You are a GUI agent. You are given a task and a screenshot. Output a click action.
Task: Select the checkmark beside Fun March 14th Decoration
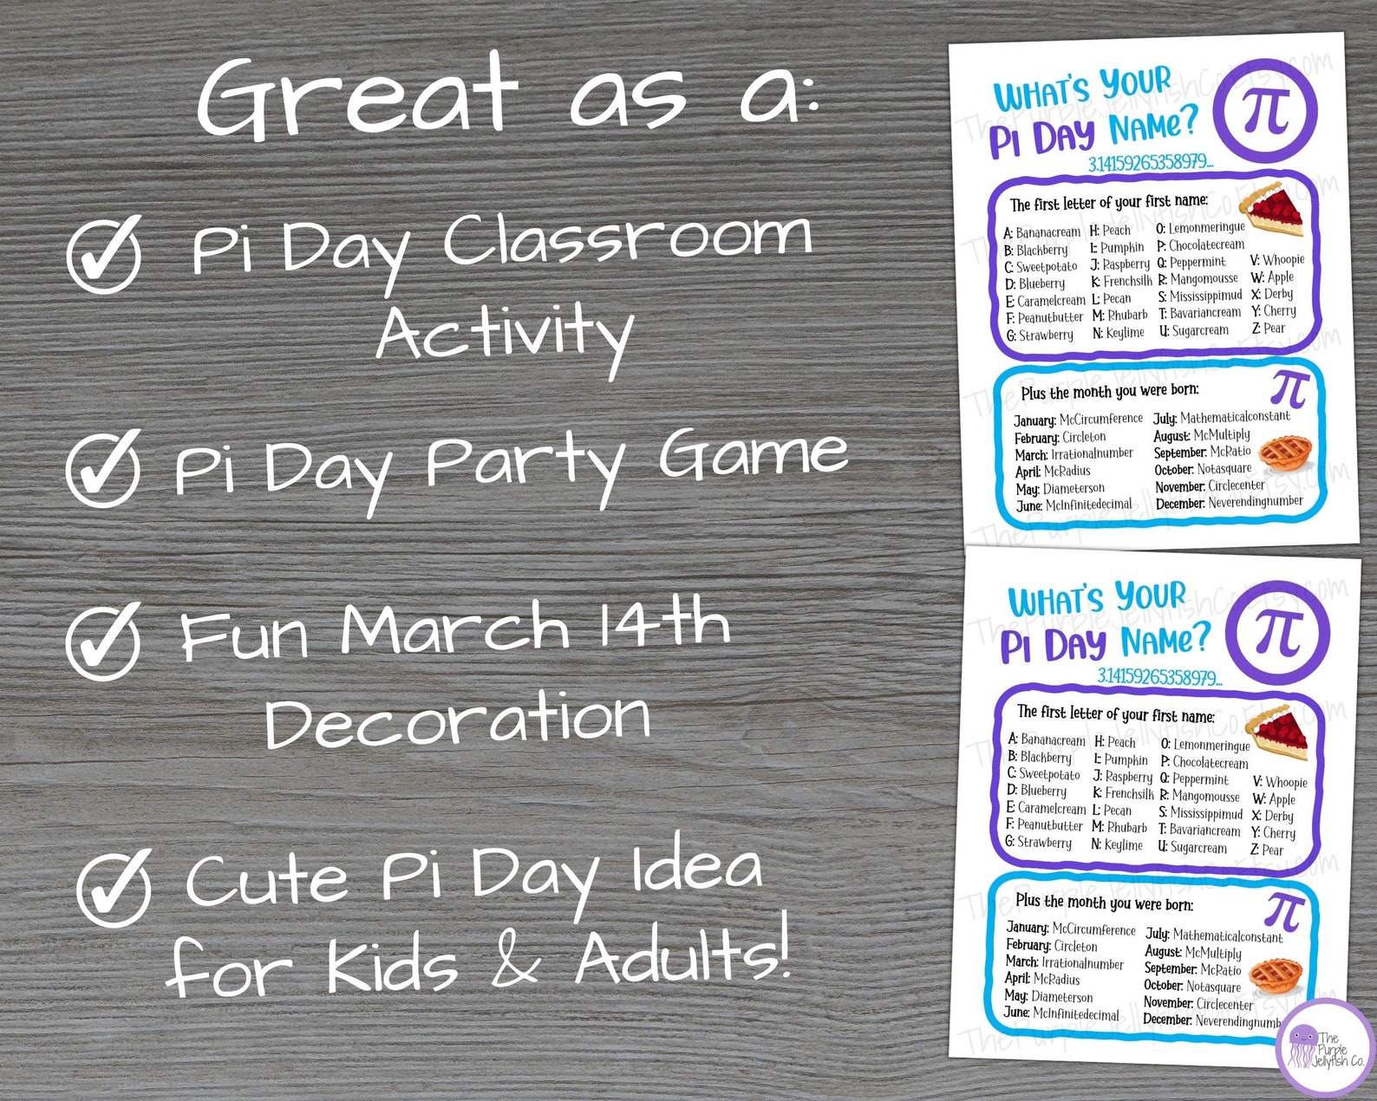pyautogui.click(x=103, y=642)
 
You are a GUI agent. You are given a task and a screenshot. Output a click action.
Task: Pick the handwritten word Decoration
pyautogui.click(x=457, y=719)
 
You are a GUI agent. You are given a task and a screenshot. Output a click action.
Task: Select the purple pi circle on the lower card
pyautogui.click(x=1280, y=632)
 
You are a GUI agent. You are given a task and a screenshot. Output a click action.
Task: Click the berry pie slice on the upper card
pyautogui.click(x=1273, y=210)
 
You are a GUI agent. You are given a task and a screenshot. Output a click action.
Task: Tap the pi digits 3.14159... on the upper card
pyautogui.click(x=1151, y=163)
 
